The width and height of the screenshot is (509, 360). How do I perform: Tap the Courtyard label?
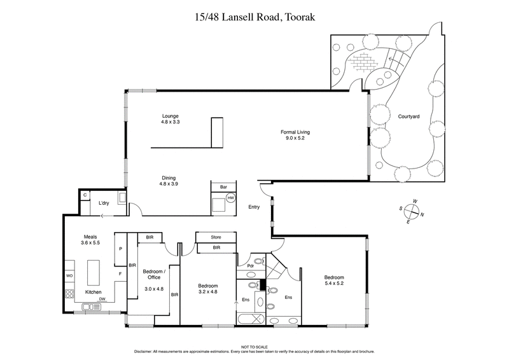tap(408, 116)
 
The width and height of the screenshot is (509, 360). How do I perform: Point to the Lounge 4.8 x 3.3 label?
tap(171, 118)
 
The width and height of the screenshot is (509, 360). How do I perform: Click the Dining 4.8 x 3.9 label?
tap(168, 180)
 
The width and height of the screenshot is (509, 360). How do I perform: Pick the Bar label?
tap(223, 187)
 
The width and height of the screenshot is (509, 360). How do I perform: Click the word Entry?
tap(254, 207)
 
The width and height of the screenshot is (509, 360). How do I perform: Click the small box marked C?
tap(85, 195)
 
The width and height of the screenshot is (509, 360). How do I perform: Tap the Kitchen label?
tap(94, 292)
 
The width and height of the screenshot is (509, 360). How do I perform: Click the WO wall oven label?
tap(69, 275)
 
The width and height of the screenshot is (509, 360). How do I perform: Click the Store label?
tap(216, 237)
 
